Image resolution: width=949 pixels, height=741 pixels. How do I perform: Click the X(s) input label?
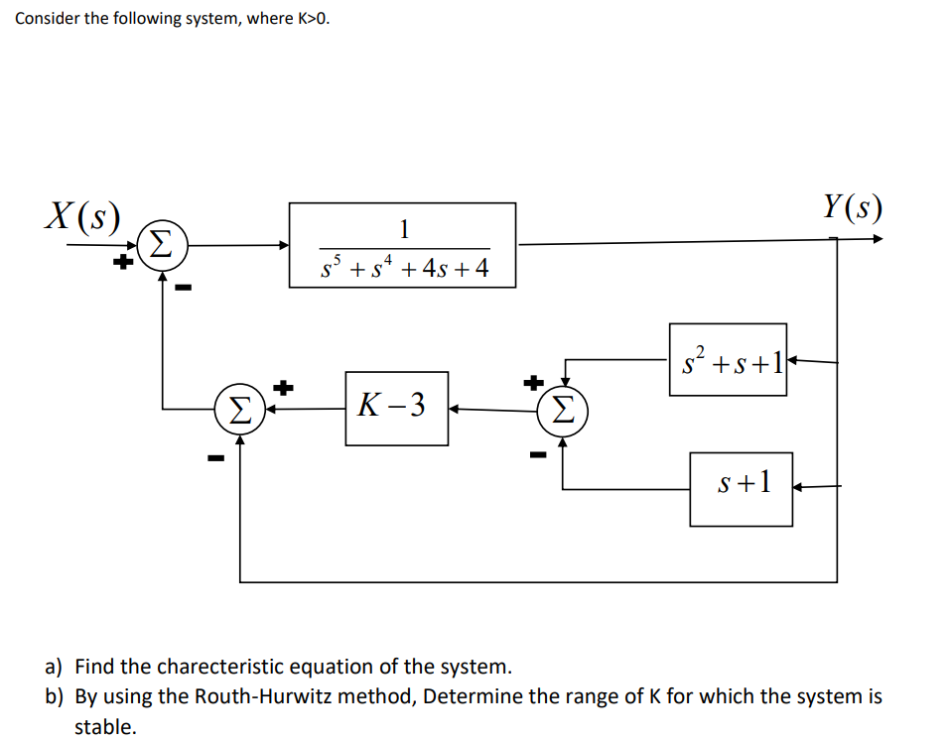[82, 215]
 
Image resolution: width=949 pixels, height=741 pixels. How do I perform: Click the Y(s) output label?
[852, 207]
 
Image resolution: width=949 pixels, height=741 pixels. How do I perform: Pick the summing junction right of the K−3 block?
[563, 408]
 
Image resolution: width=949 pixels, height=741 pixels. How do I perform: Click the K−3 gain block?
[396, 407]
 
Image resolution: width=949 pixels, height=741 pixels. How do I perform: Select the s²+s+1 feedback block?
[728, 360]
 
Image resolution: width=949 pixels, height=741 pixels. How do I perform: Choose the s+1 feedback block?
[742, 487]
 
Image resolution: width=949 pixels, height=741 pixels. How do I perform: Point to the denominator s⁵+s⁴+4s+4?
[404, 267]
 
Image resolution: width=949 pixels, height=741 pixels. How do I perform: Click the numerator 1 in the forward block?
[403, 228]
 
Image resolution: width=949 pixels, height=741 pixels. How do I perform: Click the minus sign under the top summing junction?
[184, 289]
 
